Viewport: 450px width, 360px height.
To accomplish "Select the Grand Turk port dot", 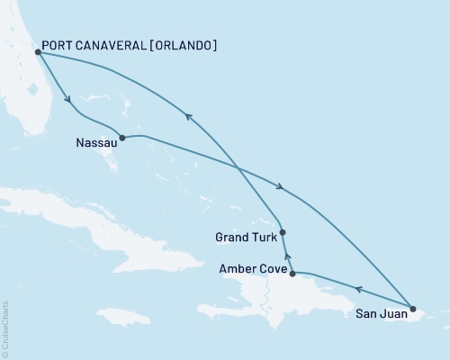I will point(283,232).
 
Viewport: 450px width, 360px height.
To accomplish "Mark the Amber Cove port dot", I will point(292,272).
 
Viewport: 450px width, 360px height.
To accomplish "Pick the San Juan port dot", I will point(412,310).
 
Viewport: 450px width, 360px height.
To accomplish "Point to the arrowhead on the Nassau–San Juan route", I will point(281,187).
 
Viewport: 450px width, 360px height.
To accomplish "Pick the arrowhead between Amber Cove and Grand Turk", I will point(288,256).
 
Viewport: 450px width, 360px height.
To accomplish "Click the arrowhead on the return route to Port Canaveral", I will point(186,114).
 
